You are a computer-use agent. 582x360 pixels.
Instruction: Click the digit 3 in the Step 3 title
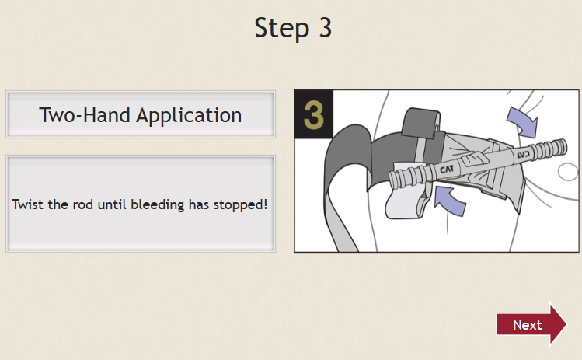(325, 28)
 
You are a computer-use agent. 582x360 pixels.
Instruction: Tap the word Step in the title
(282, 29)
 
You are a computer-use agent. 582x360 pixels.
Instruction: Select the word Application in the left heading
(189, 116)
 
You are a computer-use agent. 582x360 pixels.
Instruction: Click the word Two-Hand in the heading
(85, 115)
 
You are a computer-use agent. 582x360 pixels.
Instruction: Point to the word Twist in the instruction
(27, 204)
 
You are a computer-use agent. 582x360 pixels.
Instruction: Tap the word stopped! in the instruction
(240, 205)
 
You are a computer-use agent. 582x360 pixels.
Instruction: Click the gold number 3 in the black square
(314, 115)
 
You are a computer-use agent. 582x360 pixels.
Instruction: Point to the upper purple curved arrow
(523, 122)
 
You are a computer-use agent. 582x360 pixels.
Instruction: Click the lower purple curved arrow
(449, 201)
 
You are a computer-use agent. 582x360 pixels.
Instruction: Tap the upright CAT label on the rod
(447, 170)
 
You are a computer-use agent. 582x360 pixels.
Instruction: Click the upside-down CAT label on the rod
(524, 154)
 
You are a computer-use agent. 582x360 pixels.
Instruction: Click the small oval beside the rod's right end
(568, 172)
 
